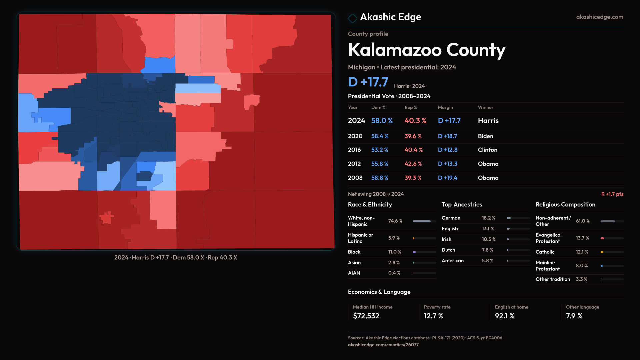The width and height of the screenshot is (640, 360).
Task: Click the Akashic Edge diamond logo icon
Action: [352, 18]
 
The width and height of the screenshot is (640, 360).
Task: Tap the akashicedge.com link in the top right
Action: [599, 17]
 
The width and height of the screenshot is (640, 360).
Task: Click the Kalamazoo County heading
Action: [426, 50]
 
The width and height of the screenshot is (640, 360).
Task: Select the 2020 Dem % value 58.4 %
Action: [380, 136]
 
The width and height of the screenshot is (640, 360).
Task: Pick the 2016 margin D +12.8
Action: [447, 150]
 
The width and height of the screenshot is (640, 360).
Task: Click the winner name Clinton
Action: [487, 150]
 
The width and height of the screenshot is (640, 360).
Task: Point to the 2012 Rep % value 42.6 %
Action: [413, 164]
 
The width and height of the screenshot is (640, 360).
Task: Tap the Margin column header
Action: [445, 107]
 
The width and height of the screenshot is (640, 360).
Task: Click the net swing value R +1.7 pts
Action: [612, 194]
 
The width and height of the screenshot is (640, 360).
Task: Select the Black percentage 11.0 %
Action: [394, 252]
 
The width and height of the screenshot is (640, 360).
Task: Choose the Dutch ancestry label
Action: [448, 250]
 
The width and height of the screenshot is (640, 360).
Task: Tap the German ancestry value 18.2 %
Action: [488, 218]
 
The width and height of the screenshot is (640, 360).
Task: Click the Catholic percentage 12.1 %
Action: [582, 252]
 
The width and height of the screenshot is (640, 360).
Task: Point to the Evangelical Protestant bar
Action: [612, 238]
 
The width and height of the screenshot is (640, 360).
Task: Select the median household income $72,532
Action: [366, 316]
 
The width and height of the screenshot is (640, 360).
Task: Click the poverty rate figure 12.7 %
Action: [433, 316]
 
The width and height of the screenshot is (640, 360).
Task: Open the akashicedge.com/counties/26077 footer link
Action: [383, 345]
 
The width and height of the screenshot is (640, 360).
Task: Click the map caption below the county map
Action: [176, 258]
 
